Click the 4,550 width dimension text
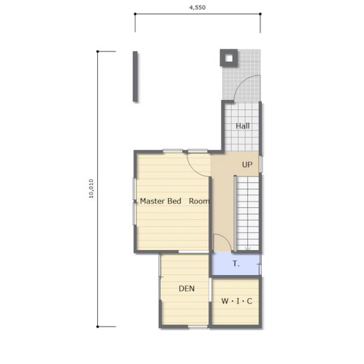[197, 8]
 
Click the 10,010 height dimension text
[91, 188]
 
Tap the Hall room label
[243, 126]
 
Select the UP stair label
[247, 164]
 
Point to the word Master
[153, 201]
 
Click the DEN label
[187, 288]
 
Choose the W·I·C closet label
[237, 301]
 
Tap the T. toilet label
[236, 264]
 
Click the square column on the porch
[229, 58]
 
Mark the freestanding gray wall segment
[135, 76]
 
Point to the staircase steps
[248, 213]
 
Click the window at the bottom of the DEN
[198, 327]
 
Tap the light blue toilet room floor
[236, 264]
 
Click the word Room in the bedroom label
[199, 201]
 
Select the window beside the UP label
[261, 164]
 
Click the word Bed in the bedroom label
[174, 201]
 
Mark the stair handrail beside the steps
[235, 213]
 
